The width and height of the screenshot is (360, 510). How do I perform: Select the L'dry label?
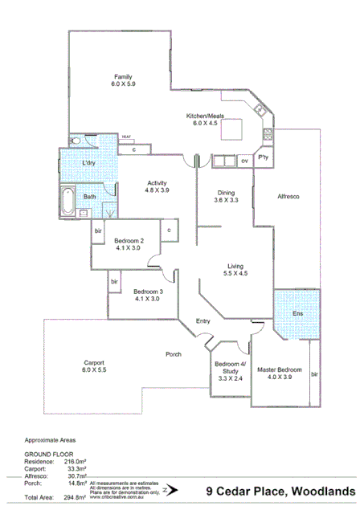point(90,164)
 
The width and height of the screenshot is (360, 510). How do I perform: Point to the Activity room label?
point(157,186)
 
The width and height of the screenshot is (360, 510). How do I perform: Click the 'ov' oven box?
point(244,161)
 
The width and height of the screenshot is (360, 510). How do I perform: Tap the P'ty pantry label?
point(263,159)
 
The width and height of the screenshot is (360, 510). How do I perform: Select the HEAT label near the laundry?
point(126,137)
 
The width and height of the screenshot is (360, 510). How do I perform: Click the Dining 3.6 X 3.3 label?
point(226,197)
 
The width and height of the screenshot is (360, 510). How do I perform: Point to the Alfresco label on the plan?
point(288,196)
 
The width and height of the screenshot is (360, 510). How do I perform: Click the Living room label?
point(235,270)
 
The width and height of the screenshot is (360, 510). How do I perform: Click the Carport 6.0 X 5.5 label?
point(93,365)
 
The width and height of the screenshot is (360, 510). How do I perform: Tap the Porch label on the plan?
point(173,354)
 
